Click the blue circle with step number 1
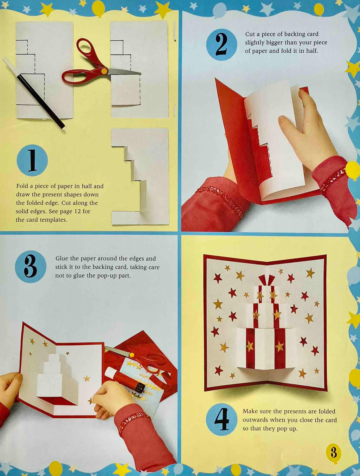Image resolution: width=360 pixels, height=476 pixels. [x=32, y=160]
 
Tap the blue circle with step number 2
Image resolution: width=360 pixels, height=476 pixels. [x=221, y=45]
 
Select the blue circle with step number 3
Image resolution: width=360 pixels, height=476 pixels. [x=31, y=267]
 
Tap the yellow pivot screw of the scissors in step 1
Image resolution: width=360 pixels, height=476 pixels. [x=104, y=71]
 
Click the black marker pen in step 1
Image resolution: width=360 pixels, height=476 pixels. [x=34, y=94]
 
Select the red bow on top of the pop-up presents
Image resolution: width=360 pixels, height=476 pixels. [x=266, y=280]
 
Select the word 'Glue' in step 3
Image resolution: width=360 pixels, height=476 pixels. [x=61, y=259]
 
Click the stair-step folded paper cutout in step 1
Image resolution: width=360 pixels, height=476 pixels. [x=140, y=176]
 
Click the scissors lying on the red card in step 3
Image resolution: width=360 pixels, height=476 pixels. [x=136, y=360]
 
